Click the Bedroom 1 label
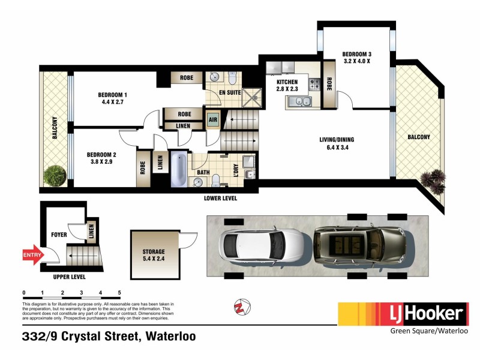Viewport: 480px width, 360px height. pos(113,98)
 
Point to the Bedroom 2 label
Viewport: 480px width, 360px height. pos(101,158)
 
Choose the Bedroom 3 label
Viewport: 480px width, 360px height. pos(356,56)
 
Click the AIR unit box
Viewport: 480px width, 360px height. pos(212,119)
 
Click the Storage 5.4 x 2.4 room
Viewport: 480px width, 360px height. pos(154,256)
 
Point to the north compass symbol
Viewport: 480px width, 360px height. pos(241,307)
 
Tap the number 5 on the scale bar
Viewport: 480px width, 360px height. pos(119,292)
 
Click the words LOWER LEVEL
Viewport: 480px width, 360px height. pos(221,198)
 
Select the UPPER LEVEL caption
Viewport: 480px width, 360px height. pos(69,277)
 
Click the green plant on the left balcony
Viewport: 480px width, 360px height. pos(54,175)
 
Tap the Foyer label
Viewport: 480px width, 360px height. pos(59,235)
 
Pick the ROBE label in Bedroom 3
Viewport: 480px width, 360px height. pos(329,86)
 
